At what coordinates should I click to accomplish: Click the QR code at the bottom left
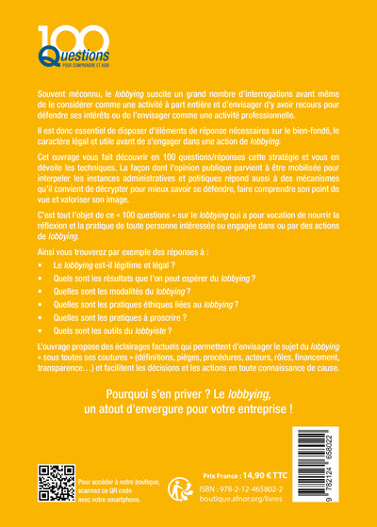(x=55, y=483)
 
